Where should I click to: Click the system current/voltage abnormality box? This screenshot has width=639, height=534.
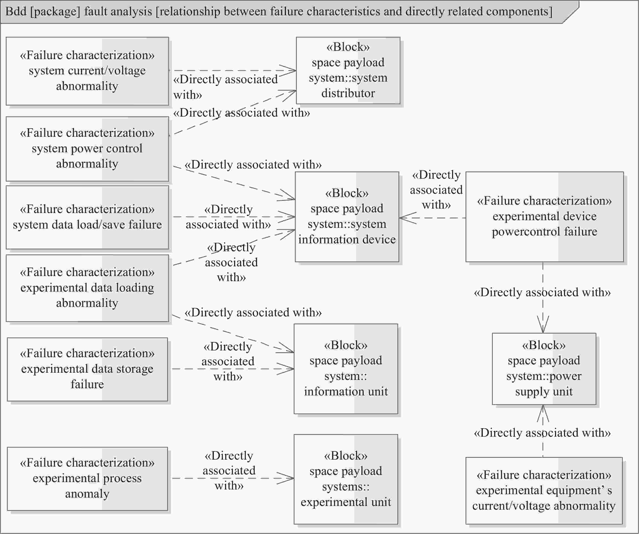click(x=87, y=71)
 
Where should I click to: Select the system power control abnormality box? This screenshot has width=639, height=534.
click(x=87, y=149)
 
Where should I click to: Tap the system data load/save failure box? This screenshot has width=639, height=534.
click(x=87, y=217)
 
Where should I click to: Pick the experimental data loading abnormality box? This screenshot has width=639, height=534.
click(x=87, y=288)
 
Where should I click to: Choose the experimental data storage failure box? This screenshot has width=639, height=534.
click(x=87, y=369)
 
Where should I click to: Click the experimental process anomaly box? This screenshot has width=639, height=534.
click(x=87, y=479)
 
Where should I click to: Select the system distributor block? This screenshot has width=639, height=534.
click(x=348, y=70)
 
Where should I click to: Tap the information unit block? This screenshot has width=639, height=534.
click(x=346, y=369)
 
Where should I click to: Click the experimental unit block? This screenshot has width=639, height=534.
click(x=346, y=479)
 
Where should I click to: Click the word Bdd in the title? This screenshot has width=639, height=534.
click(x=16, y=12)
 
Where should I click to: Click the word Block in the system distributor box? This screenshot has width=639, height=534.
click(x=348, y=47)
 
